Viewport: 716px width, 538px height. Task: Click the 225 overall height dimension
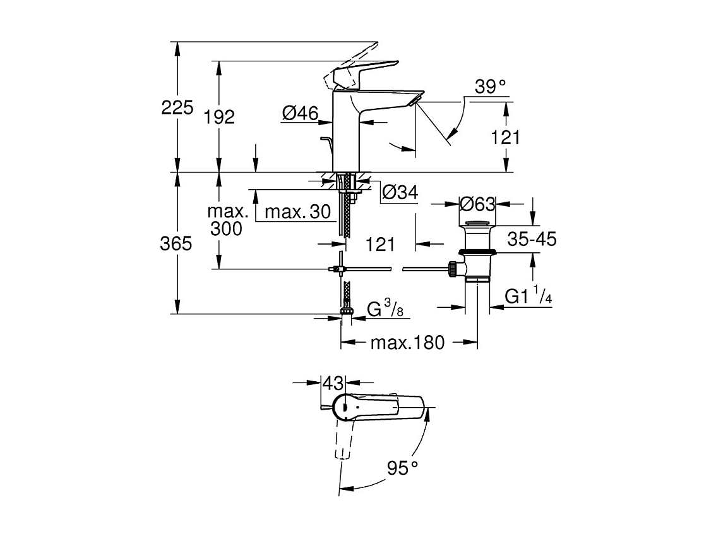(177, 108)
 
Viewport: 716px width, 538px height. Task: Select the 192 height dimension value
(219, 116)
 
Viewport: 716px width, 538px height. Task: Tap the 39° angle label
(491, 87)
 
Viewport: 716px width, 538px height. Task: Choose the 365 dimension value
(176, 243)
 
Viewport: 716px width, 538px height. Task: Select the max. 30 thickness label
(297, 212)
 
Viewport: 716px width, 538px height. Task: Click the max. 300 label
(225, 219)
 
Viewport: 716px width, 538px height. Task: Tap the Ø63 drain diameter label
(477, 204)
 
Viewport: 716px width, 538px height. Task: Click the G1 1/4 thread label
(528, 296)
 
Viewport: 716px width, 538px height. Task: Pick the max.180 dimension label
(407, 343)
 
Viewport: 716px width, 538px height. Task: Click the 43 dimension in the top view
(333, 383)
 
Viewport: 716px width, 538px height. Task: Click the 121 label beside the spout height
(506, 137)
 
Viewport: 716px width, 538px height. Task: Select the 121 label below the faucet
(380, 243)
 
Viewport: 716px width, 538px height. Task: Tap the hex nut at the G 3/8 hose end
(345, 310)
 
